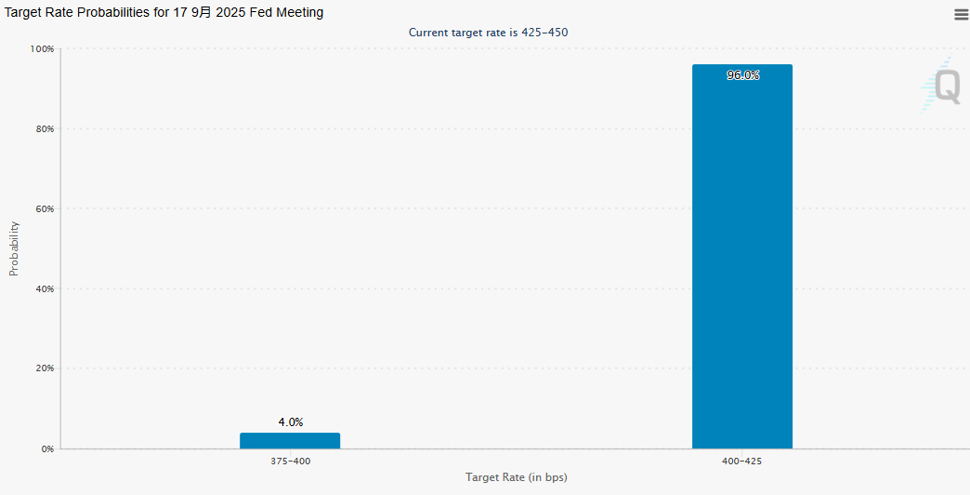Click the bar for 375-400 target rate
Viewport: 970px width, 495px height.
(x=290, y=440)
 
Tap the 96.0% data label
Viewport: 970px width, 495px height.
(x=742, y=75)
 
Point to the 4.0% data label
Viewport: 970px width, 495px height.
(x=290, y=422)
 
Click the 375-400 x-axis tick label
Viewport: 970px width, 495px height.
(x=290, y=462)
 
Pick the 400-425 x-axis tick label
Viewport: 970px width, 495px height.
(x=742, y=462)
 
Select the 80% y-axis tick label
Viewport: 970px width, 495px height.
(x=44, y=128)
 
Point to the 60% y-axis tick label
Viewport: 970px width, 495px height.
(x=44, y=208)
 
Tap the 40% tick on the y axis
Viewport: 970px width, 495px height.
(x=44, y=288)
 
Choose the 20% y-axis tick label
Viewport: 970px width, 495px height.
(x=44, y=368)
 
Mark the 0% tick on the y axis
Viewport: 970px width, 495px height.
(x=46, y=448)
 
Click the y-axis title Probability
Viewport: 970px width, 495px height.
(x=14, y=248)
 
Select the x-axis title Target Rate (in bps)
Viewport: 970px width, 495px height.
(x=516, y=477)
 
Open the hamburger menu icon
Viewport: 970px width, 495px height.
(x=961, y=14)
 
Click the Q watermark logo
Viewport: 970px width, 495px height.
(x=944, y=87)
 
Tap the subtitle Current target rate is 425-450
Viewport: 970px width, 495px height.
(x=488, y=33)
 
